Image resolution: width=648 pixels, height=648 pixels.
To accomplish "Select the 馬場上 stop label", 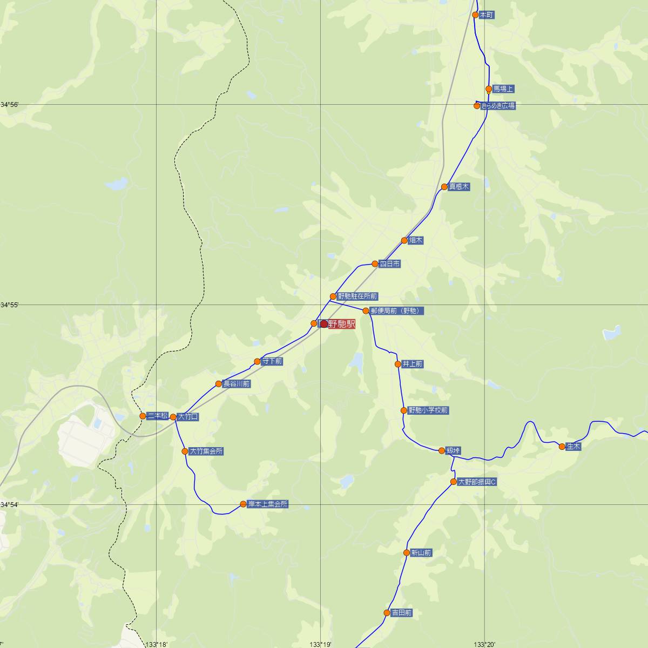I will tap(503, 89).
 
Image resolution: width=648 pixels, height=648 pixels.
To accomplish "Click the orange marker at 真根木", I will tap(444, 187).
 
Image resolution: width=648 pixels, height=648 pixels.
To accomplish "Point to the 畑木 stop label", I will tap(416, 240).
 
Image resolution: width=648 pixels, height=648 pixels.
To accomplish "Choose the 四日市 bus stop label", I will tap(389, 264).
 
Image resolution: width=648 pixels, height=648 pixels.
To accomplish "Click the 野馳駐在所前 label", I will tap(357, 296).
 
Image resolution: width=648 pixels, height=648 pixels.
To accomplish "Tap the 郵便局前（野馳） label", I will tap(393, 310).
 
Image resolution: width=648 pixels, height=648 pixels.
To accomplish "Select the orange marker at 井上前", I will tap(398, 364).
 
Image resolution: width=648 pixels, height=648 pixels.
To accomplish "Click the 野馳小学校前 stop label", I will tap(428, 410).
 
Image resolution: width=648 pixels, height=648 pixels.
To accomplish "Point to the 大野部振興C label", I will tap(476, 482).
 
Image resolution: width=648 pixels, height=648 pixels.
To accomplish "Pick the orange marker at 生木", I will tap(562, 447).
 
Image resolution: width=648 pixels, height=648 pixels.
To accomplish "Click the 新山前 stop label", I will tap(421, 552).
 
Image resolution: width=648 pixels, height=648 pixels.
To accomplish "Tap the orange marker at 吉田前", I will tap(387, 613).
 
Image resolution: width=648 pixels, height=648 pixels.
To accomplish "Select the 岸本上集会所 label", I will tap(267, 504).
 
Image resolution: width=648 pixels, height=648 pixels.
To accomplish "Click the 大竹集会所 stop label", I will tap(206, 451).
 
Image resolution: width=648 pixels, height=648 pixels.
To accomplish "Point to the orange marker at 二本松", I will tap(143, 416).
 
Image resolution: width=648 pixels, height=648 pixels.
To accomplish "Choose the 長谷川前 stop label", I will tap(237, 384).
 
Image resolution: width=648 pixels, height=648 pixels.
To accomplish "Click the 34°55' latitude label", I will tap(10, 306).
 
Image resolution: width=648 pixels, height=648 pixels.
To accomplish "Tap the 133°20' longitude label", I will tap(484, 644).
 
